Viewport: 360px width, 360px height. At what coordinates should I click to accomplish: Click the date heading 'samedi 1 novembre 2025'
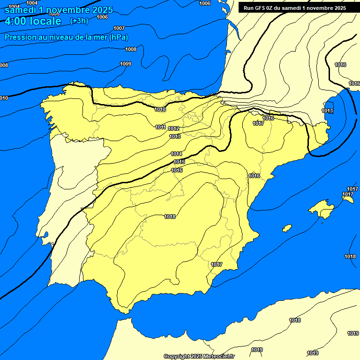point(59,10)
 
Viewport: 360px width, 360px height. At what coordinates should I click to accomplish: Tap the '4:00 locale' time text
point(33,21)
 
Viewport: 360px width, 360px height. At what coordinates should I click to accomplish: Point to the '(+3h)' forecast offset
point(78,21)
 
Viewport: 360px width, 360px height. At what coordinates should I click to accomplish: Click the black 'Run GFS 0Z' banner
point(294,7)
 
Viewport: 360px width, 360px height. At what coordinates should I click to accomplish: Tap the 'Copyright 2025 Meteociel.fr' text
point(199,356)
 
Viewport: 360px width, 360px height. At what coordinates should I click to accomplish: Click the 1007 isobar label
point(119,28)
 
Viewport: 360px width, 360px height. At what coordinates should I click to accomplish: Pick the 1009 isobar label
point(126,64)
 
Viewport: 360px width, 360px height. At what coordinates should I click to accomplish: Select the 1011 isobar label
point(160,127)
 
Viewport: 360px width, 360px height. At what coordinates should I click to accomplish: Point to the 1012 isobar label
point(173,128)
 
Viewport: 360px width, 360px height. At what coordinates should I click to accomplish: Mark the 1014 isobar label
point(176,154)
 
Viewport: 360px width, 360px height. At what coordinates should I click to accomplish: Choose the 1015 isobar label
point(179,162)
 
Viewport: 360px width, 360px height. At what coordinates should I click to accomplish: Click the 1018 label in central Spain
point(170,217)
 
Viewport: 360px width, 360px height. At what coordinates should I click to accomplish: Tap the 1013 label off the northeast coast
point(327,111)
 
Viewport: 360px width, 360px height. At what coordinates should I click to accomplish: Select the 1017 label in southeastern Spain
point(217,264)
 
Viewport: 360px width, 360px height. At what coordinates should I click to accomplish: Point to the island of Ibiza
point(286,228)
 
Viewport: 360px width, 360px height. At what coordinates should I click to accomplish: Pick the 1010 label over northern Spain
point(160,109)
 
